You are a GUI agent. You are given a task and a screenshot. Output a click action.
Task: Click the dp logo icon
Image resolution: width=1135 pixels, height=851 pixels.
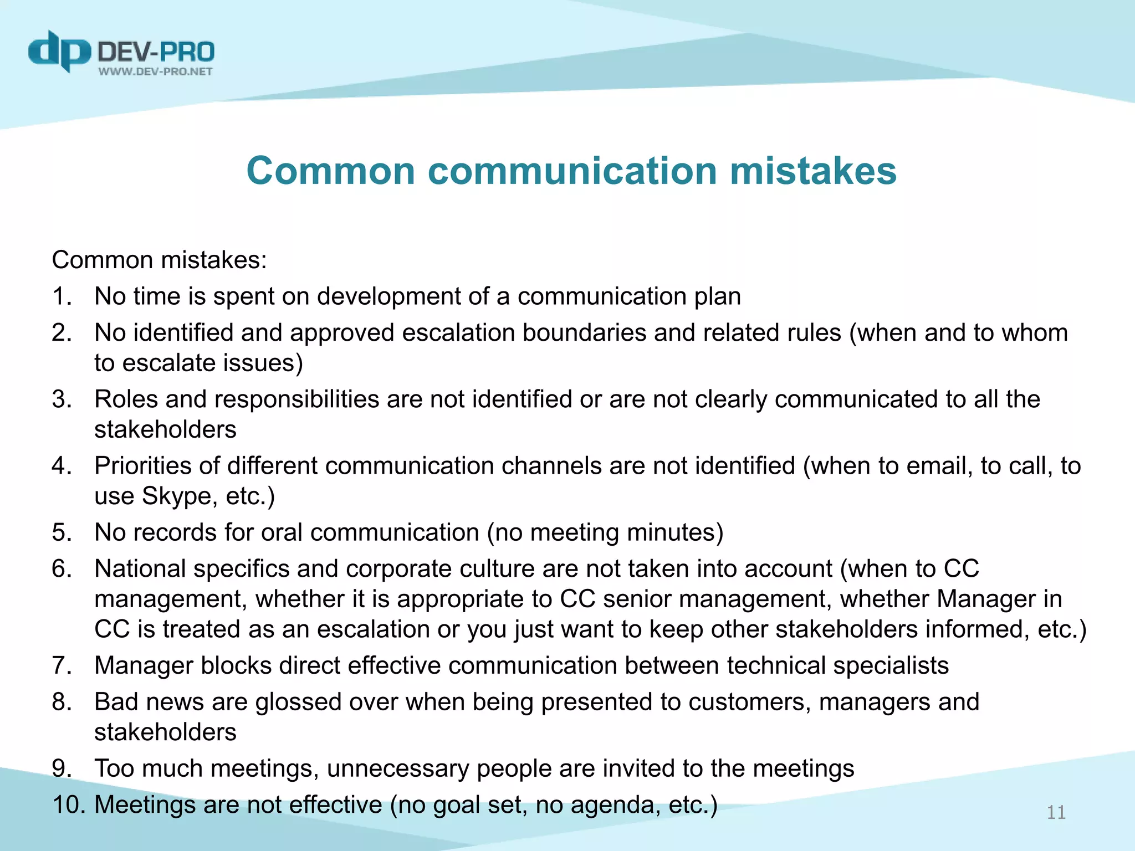coord(59,51)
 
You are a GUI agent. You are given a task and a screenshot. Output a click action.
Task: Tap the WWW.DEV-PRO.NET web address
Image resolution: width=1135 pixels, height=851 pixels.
coord(155,71)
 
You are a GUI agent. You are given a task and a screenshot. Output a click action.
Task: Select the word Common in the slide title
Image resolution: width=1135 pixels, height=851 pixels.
coord(330,171)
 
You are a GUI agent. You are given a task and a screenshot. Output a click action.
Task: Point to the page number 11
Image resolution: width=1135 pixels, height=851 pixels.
coord(1056,812)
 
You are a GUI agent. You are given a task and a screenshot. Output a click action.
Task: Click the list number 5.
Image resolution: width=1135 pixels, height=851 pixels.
coord(61,532)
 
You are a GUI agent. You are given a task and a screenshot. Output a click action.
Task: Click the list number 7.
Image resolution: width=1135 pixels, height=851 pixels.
coord(61,665)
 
